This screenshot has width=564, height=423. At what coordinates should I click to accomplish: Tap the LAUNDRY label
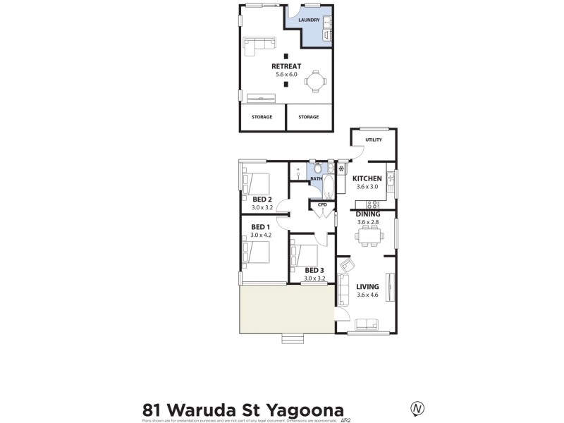tap(309, 20)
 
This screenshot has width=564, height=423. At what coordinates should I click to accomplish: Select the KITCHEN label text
tap(367, 179)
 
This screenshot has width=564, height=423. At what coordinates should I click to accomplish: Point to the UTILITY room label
tap(374, 140)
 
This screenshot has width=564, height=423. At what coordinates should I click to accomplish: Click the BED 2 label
tap(252, 200)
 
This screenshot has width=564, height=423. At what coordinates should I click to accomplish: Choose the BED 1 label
tap(252, 227)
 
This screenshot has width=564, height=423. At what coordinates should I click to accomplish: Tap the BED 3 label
tap(314, 270)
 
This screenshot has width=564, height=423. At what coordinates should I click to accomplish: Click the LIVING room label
tap(367, 286)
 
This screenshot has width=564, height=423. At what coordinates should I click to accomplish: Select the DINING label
tap(368, 214)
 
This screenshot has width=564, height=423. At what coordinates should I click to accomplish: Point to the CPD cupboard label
tap(323, 204)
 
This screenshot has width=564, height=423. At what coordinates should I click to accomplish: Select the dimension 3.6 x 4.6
tap(368, 295)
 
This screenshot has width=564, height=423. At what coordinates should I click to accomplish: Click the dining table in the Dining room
tap(367, 239)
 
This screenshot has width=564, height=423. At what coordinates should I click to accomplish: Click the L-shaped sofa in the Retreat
tap(259, 47)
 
